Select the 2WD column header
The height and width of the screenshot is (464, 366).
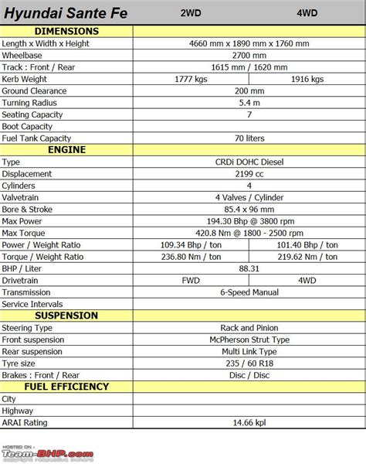click(191, 13)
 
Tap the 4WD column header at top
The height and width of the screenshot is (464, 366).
click(307, 13)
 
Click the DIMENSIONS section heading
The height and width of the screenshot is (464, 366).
click(66, 31)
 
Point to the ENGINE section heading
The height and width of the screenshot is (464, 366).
click(66, 149)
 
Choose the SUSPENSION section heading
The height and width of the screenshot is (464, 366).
click(66, 316)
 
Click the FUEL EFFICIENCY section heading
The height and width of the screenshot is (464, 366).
click(66, 387)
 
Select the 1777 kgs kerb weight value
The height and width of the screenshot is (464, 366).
click(191, 79)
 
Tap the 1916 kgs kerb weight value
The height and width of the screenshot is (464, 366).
click(307, 79)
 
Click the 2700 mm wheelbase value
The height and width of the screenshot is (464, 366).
click(249, 56)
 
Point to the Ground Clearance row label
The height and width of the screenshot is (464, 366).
click(34, 90)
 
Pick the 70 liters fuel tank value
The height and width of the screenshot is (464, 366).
click(249, 138)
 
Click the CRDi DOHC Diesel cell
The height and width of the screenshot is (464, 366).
click(249, 162)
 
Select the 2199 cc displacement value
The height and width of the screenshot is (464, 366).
click(249, 174)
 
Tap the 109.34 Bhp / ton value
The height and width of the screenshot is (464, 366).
click(191, 244)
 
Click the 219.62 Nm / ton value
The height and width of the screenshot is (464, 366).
click(307, 257)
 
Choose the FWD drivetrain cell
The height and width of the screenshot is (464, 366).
click(191, 280)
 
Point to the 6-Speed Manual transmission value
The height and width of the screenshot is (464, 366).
click(249, 292)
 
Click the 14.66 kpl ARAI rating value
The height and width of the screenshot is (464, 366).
click(249, 422)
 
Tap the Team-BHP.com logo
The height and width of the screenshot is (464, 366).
click(48, 454)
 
